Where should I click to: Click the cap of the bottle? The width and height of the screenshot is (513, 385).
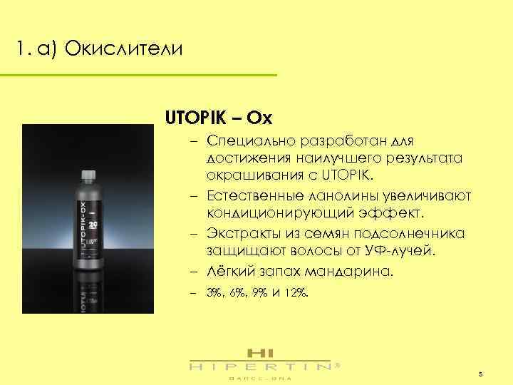pos(88,175)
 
